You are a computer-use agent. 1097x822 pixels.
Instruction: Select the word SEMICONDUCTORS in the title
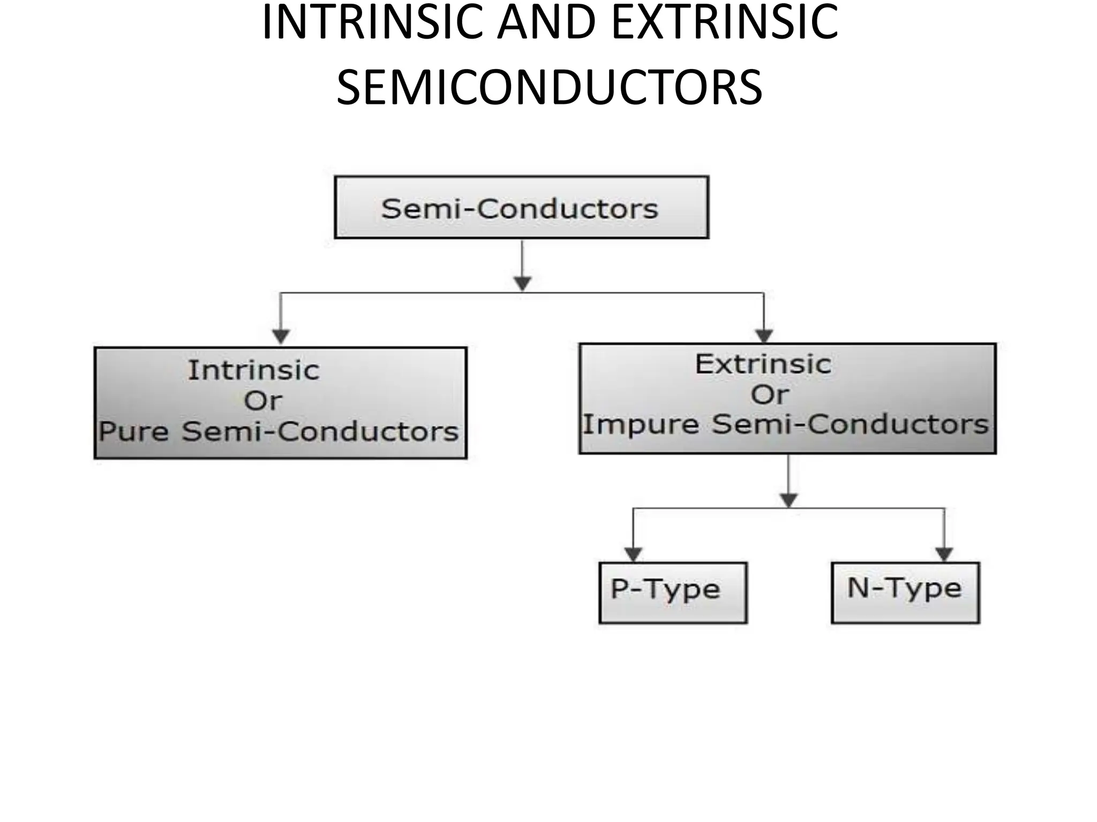550,87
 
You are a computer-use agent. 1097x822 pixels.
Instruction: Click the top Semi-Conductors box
521,208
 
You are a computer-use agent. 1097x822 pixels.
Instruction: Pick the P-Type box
673,592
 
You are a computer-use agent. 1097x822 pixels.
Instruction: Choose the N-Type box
905,592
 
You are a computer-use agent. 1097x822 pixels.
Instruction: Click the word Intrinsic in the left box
254,370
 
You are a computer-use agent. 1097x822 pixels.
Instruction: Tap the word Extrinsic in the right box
763,364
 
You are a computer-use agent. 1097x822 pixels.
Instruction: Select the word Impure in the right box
641,425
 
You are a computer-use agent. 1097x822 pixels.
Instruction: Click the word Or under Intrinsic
262,401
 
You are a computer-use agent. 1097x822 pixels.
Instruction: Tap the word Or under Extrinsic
770,395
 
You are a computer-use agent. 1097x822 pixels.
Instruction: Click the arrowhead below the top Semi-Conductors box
522,283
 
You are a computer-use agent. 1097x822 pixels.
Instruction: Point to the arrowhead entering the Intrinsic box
281,336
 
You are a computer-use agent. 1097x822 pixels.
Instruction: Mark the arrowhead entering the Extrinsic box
764,336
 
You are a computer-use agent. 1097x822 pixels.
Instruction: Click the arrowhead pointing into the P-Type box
634,554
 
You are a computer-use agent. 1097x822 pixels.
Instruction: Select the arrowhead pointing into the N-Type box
944,554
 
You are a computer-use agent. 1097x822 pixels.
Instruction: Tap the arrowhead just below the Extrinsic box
788,500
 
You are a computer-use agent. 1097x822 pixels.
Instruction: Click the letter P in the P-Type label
619,589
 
